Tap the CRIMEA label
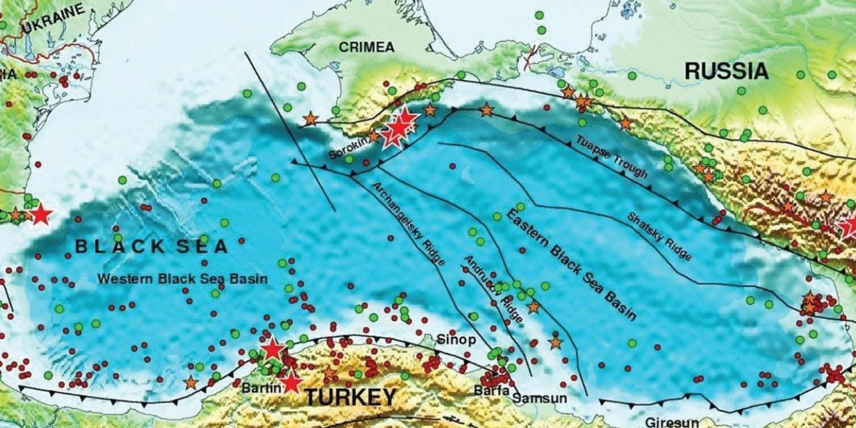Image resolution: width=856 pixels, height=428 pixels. click(366, 47)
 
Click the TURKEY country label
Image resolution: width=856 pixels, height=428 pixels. click(350, 397)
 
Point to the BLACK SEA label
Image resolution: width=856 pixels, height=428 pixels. click(151, 246)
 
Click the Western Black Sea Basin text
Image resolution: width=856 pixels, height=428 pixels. click(182, 278)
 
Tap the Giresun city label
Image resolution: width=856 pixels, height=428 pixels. click(672, 422)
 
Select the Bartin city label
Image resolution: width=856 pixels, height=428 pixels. click(254, 388)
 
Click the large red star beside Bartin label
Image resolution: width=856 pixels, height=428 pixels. click(291, 383)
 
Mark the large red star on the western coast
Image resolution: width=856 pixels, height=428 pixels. click(40, 215)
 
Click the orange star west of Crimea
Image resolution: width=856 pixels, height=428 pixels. click(310, 119)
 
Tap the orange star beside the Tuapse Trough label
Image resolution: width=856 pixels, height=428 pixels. click(625, 123)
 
